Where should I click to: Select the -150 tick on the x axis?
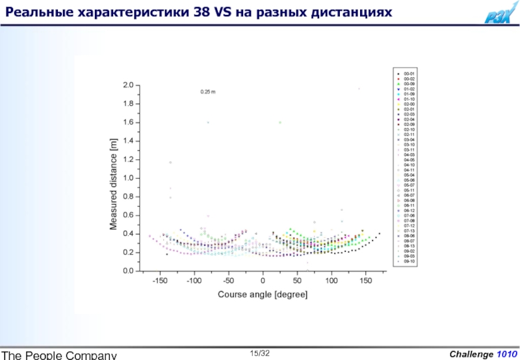point(160,281)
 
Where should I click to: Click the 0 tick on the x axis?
point(263,281)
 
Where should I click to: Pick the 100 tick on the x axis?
point(331,281)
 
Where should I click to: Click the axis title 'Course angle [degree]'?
point(263,294)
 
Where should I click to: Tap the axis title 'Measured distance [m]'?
point(113,184)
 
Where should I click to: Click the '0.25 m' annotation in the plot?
point(207,92)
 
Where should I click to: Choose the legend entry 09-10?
point(409,261)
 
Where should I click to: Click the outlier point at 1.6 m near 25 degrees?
point(280,122)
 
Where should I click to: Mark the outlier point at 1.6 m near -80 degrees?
point(208,122)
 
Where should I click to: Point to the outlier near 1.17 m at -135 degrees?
point(170,162)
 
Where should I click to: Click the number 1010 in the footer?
point(507,354)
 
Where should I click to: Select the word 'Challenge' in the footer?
point(471,354)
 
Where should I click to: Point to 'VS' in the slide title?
point(219,12)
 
